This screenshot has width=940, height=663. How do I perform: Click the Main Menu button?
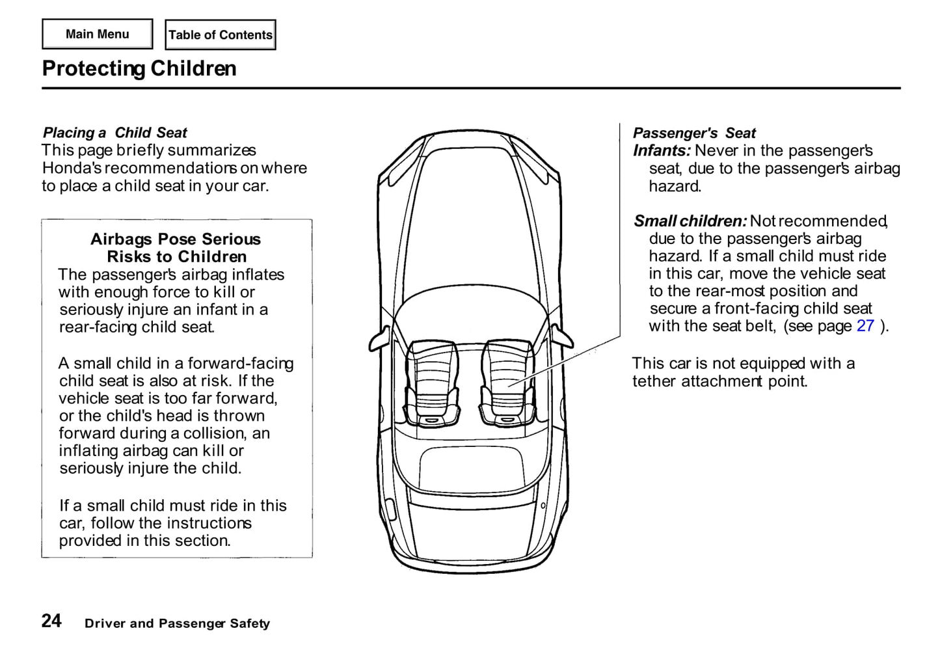[98, 34]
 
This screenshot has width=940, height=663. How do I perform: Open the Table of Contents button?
[221, 35]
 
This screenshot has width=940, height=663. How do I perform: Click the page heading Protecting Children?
[139, 68]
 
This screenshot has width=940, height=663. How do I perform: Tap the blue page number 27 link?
[865, 325]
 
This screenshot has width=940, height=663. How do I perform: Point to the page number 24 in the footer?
[52, 621]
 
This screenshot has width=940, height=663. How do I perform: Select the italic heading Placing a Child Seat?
[115, 133]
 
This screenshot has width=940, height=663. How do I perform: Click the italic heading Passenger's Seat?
[694, 133]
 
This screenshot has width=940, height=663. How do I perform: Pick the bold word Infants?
[662, 150]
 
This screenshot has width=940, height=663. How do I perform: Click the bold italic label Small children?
[690, 221]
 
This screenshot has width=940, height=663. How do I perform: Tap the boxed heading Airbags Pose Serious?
[176, 239]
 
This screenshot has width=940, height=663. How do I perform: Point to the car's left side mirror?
[379, 339]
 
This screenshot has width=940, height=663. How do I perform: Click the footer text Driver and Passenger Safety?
[177, 623]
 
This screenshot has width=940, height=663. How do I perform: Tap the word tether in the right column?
[654, 381]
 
